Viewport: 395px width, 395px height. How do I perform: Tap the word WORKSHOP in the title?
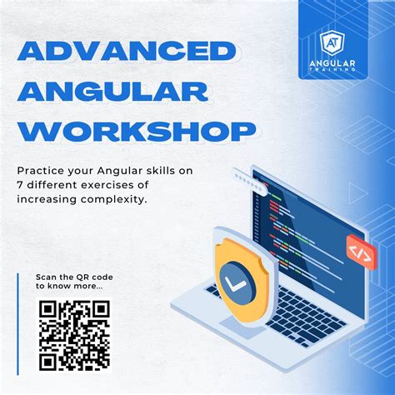tap(136, 130)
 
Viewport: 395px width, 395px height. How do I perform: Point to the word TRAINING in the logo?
tap(339, 70)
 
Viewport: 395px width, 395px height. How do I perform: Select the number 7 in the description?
tap(20, 186)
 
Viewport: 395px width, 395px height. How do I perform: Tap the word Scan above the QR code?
tap(47, 277)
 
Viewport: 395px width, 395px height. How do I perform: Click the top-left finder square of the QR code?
tap(48, 309)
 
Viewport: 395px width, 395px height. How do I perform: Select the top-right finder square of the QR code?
tap(100, 309)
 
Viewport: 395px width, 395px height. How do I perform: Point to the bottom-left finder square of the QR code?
tap(48, 360)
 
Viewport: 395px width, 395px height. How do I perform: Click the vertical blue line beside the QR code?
tap(17, 321)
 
